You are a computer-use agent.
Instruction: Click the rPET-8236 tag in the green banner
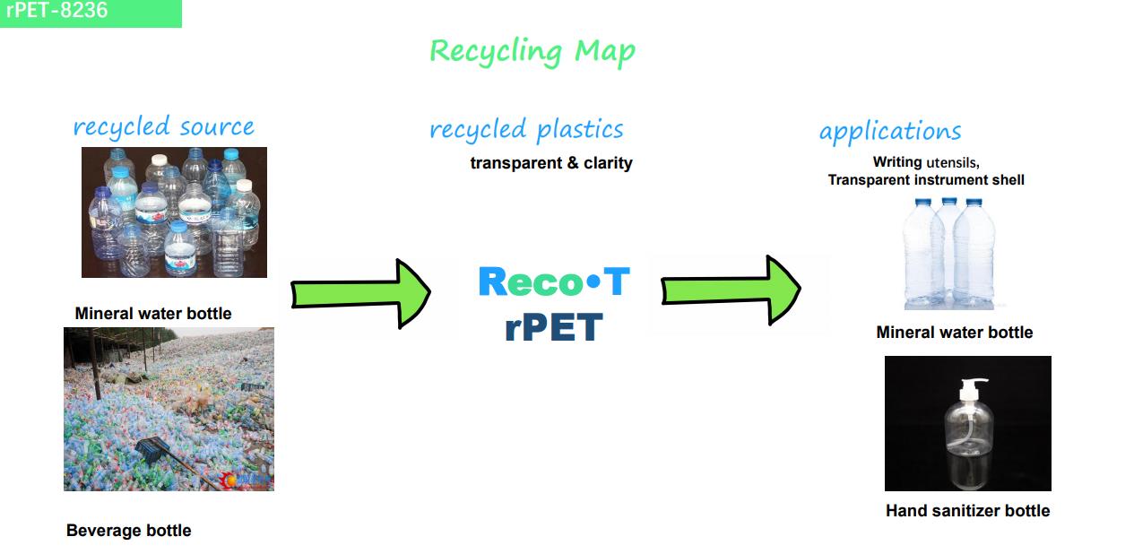click(56, 10)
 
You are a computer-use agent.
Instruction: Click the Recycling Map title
click(532, 52)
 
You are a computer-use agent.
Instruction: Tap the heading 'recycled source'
click(163, 127)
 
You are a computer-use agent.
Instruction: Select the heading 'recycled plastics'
click(526, 130)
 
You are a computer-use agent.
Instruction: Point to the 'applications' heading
click(890, 132)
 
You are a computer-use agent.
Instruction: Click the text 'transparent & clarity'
click(551, 163)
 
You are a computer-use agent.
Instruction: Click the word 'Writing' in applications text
click(897, 162)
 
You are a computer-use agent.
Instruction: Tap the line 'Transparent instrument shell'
click(926, 180)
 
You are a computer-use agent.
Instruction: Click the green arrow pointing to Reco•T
click(360, 294)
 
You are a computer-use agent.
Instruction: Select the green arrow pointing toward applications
click(731, 290)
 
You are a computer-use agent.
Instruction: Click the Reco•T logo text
click(554, 281)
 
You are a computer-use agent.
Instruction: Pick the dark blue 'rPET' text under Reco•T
click(554, 327)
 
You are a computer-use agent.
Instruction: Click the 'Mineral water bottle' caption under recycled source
click(153, 314)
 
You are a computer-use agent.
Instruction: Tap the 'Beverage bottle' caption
click(129, 530)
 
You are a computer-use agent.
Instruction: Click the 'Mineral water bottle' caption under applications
click(955, 333)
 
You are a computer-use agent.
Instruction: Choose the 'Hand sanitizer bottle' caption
click(968, 510)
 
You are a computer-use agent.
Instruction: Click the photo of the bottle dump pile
click(169, 409)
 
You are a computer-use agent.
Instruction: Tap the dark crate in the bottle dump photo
click(152, 450)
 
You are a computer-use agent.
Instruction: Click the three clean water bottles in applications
click(948, 253)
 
